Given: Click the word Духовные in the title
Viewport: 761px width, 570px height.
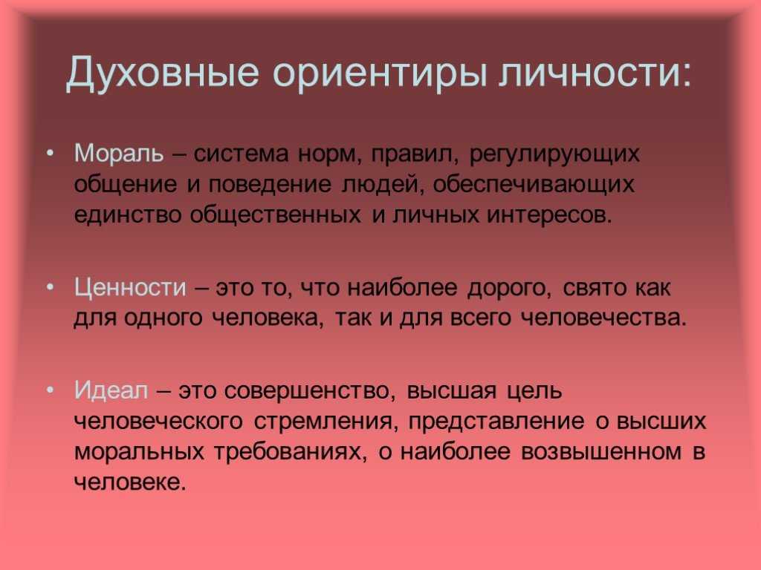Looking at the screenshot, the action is [x=162, y=73].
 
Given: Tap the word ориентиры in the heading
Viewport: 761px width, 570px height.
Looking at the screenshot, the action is [x=380, y=73].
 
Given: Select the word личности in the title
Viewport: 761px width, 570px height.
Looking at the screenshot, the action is [x=595, y=72].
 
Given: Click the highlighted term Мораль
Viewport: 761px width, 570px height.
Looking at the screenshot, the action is [x=119, y=154].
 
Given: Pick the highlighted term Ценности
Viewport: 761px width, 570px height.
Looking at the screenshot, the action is [x=130, y=288].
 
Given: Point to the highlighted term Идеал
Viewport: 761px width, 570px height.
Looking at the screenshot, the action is [x=111, y=390].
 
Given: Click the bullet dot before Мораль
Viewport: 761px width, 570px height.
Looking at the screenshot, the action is [x=50, y=153].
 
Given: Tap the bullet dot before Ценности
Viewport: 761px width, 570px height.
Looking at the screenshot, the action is [x=50, y=287].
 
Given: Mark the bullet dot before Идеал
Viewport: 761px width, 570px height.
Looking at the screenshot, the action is [x=50, y=390].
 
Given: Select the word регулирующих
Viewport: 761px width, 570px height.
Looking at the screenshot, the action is [x=554, y=155].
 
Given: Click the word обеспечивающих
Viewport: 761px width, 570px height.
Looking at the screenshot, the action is [x=534, y=185].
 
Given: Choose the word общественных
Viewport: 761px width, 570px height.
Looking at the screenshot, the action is [x=275, y=215].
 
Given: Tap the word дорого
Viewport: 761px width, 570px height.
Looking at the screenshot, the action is [x=509, y=289].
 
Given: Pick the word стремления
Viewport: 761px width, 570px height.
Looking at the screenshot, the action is [x=326, y=422].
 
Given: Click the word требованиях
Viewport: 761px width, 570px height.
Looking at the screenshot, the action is [x=291, y=452].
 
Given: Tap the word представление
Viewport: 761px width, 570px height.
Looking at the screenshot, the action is [x=496, y=422].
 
